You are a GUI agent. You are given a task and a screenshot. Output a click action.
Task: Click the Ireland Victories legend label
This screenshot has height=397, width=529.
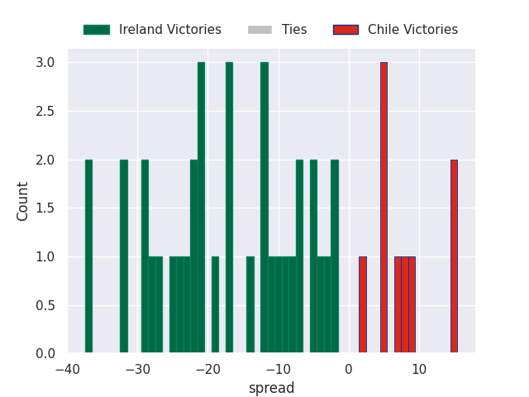click(x=169, y=30)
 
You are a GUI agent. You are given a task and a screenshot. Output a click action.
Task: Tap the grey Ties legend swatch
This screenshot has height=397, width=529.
click(x=259, y=30)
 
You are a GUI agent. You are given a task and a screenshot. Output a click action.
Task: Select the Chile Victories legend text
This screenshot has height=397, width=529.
click(x=412, y=30)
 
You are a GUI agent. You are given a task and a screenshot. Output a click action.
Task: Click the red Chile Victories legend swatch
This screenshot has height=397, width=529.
click(x=345, y=30)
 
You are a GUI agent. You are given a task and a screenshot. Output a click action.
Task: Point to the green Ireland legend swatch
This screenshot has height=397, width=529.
click(x=96, y=30)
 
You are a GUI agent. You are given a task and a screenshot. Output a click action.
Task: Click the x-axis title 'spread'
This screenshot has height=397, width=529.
click(x=272, y=388)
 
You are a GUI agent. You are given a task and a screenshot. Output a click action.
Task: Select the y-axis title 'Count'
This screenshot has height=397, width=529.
click(x=23, y=201)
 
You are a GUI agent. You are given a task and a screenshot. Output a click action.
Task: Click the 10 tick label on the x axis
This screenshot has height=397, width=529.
click(x=419, y=369)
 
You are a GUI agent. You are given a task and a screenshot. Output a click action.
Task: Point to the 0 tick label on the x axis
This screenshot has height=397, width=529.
click(x=349, y=369)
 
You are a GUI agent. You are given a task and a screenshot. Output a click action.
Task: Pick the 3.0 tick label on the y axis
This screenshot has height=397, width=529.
click(x=45, y=63)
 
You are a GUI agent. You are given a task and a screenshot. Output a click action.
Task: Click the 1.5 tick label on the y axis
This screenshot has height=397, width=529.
click(x=45, y=208)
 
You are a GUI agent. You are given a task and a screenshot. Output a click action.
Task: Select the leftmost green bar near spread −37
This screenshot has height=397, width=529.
click(x=88, y=256)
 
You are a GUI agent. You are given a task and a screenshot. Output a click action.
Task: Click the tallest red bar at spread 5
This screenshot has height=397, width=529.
click(x=384, y=208)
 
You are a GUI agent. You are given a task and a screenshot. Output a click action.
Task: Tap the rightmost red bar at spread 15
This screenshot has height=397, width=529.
click(x=454, y=256)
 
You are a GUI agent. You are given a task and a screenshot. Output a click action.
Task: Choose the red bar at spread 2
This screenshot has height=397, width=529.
click(x=363, y=305)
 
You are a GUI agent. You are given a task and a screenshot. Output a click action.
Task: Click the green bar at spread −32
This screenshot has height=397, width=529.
click(x=124, y=256)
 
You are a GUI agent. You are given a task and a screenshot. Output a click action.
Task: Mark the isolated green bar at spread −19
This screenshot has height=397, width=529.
click(x=215, y=305)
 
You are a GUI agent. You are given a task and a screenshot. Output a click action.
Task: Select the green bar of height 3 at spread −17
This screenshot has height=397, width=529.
click(x=229, y=208)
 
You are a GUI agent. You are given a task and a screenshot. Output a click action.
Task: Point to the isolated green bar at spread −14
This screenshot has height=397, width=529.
click(x=250, y=305)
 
